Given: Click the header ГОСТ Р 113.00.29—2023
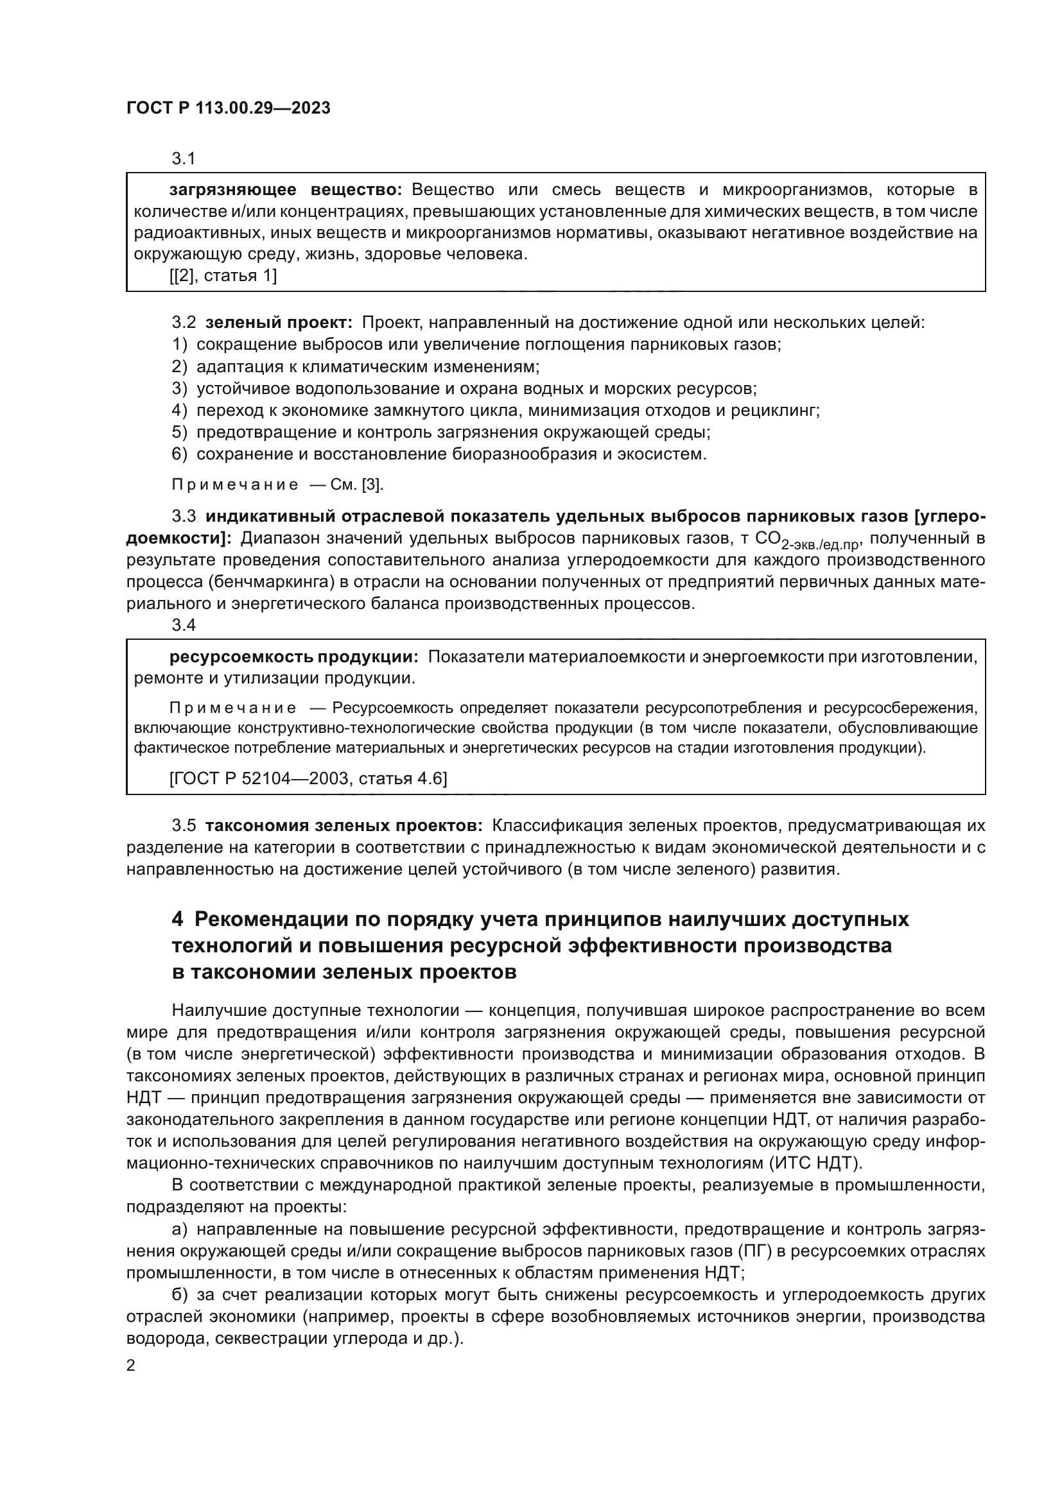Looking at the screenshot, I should pyautogui.click(x=228, y=108).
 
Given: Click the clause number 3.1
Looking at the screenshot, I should pyautogui.click(x=184, y=159).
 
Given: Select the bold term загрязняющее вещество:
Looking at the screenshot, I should pyautogui.click(x=286, y=190).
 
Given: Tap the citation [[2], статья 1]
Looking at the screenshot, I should pyautogui.click(x=223, y=276).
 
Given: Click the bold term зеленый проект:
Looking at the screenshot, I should pyautogui.click(x=279, y=323).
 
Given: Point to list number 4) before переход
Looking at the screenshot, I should pyautogui.click(x=179, y=411).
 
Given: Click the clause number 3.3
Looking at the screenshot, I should pyautogui.click(x=184, y=517).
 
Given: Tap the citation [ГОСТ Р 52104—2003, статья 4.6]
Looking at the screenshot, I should pyautogui.click(x=308, y=778).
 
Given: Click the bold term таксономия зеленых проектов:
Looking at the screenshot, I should pyautogui.click(x=344, y=826).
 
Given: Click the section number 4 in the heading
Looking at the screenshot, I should pyautogui.click(x=177, y=919).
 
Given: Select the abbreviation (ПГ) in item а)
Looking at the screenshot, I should pyautogui.click(x=751, y=1251).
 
